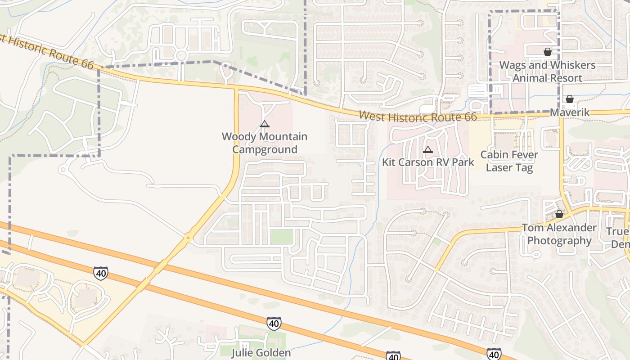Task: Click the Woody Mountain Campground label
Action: click(x=265, y=143)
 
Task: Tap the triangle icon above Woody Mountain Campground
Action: click(x=265, y=124)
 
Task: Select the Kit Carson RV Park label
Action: click(x=428, y=162)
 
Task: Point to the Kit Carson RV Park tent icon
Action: click(x=428, y=149)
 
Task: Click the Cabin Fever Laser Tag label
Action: click(x=509, y=161)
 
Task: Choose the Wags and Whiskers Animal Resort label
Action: click(x=547, y=72)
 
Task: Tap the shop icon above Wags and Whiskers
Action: click(x=548, y=52)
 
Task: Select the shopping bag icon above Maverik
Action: click(x=570, y=99)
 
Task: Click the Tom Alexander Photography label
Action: click(x=559, y=234)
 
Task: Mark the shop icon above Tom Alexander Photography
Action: click(x=559, y=214)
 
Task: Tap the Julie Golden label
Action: click(x=261, y=352)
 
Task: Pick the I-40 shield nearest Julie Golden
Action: click(x=274, y=323)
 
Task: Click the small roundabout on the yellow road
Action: click(x=188, y=237)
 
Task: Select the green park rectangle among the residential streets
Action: click(x=281, y=237)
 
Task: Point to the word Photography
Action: click(x=559, y=241)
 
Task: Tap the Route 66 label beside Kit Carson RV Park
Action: click(x=418, y=117)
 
